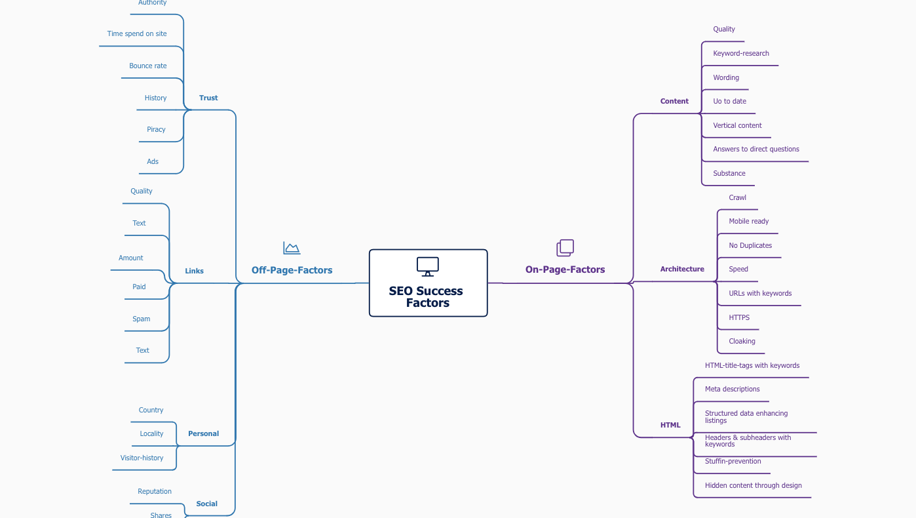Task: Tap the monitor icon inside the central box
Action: [428, 266]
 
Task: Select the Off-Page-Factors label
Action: [292, 270]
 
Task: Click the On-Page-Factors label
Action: [565, 269]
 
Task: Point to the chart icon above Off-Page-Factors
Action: [292, 248]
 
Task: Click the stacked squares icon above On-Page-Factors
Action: [565, 247]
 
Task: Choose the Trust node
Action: [208, 98]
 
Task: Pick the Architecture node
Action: [682, 269]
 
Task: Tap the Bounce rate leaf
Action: [148, 66]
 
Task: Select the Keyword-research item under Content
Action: [741, 53]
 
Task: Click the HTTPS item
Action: [739, 317]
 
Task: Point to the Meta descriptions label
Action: [732, 389]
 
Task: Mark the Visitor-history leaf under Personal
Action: [142, 458]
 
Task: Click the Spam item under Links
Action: [142, 319]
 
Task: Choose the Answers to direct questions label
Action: [756, 149]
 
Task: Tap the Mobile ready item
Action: [749, 221]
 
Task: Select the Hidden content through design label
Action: [753, 485]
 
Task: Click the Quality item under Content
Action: [724, 29]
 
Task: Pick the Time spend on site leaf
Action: [137, 33]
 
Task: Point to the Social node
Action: [206, 504]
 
